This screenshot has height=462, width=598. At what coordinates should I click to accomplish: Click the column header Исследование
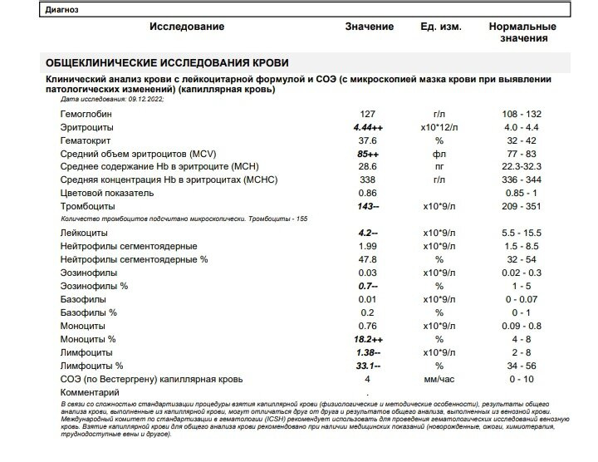[x=187, y=27]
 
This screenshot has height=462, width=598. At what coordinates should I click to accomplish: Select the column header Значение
[x=370, y=27]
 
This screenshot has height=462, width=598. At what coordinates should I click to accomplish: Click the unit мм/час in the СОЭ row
[x=439, y=380]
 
